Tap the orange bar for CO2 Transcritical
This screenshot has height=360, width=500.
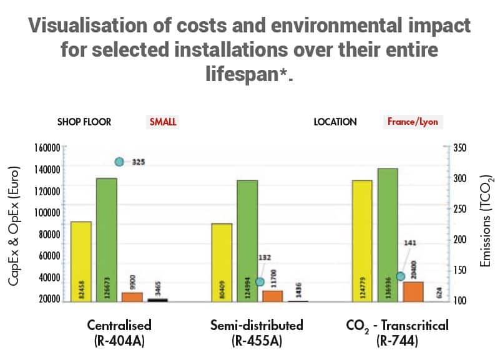[x=413, y=291]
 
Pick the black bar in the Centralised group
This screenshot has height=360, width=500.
[x=157, y=300]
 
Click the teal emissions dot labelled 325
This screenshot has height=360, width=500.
[x=119, y=162]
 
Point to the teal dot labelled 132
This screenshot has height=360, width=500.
[x=260, y=282]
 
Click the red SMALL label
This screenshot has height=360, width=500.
[x=163, y=122]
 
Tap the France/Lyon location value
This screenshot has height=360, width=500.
[x=413, y=122]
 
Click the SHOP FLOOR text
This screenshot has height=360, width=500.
[x=84, y=122]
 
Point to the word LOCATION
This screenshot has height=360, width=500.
[x=335, y=122]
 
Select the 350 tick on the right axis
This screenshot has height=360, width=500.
[x=459, y=148]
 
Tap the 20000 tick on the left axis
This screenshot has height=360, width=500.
[x=47, y=299]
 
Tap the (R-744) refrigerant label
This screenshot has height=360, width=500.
[x=397, y=341]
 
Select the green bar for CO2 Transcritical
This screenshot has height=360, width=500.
[x=388, y=234]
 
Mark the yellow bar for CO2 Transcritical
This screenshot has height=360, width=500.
[x=362, y=240]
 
